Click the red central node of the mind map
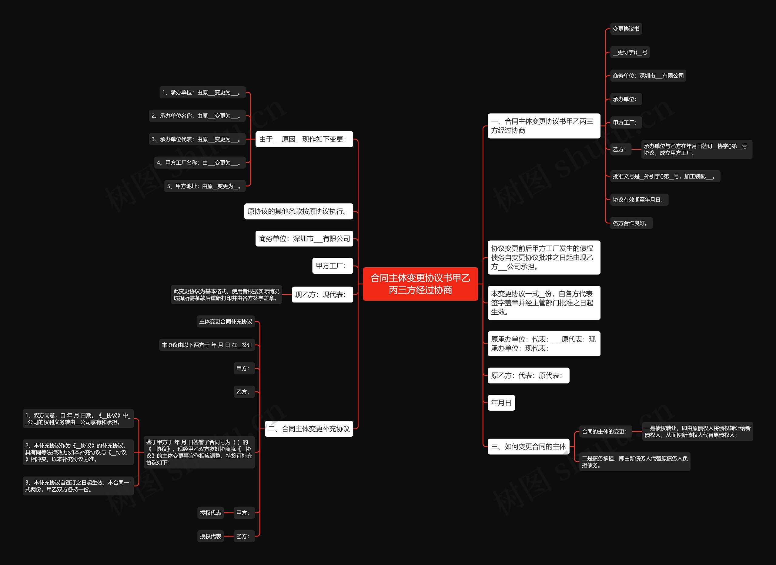tap(420, 284)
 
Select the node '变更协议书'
tap(626, 29)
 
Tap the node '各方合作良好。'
tap(631, 223)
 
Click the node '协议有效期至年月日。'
tap(639, 199)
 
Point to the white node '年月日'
tap(501, 403)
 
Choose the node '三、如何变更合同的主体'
tap(528, 446)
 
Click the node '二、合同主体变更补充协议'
tap(309, 429)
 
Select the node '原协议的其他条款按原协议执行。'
tap(298, 211)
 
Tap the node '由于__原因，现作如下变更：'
tap(304, 139)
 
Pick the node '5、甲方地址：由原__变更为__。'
tap(205, 186)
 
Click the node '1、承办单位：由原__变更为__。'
tap(202, 92)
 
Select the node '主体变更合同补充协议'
tap(226, 321)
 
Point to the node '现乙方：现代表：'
tap(322, 294)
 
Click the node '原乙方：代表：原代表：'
tap(528, 376)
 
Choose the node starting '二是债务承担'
tap(634, 462)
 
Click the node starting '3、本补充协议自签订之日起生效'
tap(78, 486)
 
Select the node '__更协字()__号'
tap(630, 52)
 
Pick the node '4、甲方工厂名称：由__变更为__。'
tap(200, 162)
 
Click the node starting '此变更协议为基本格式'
tap(226, 294)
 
